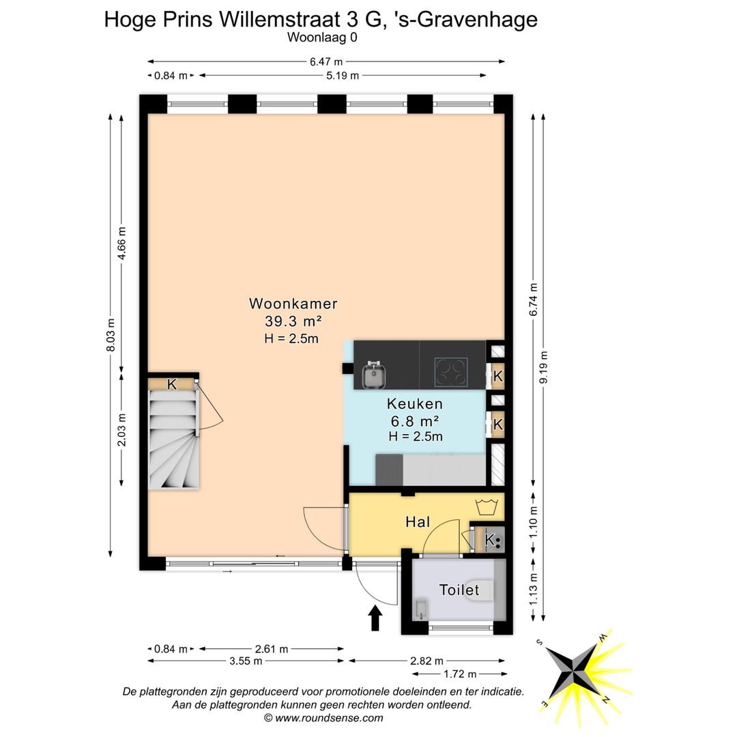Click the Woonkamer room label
(293, 304)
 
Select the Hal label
(417, 522)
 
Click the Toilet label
(459, 590)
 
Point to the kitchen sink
(375, 374)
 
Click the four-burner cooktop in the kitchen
(451, 372)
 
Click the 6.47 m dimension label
(326, 61)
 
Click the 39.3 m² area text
(293, 321)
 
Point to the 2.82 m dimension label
(427, 661)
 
